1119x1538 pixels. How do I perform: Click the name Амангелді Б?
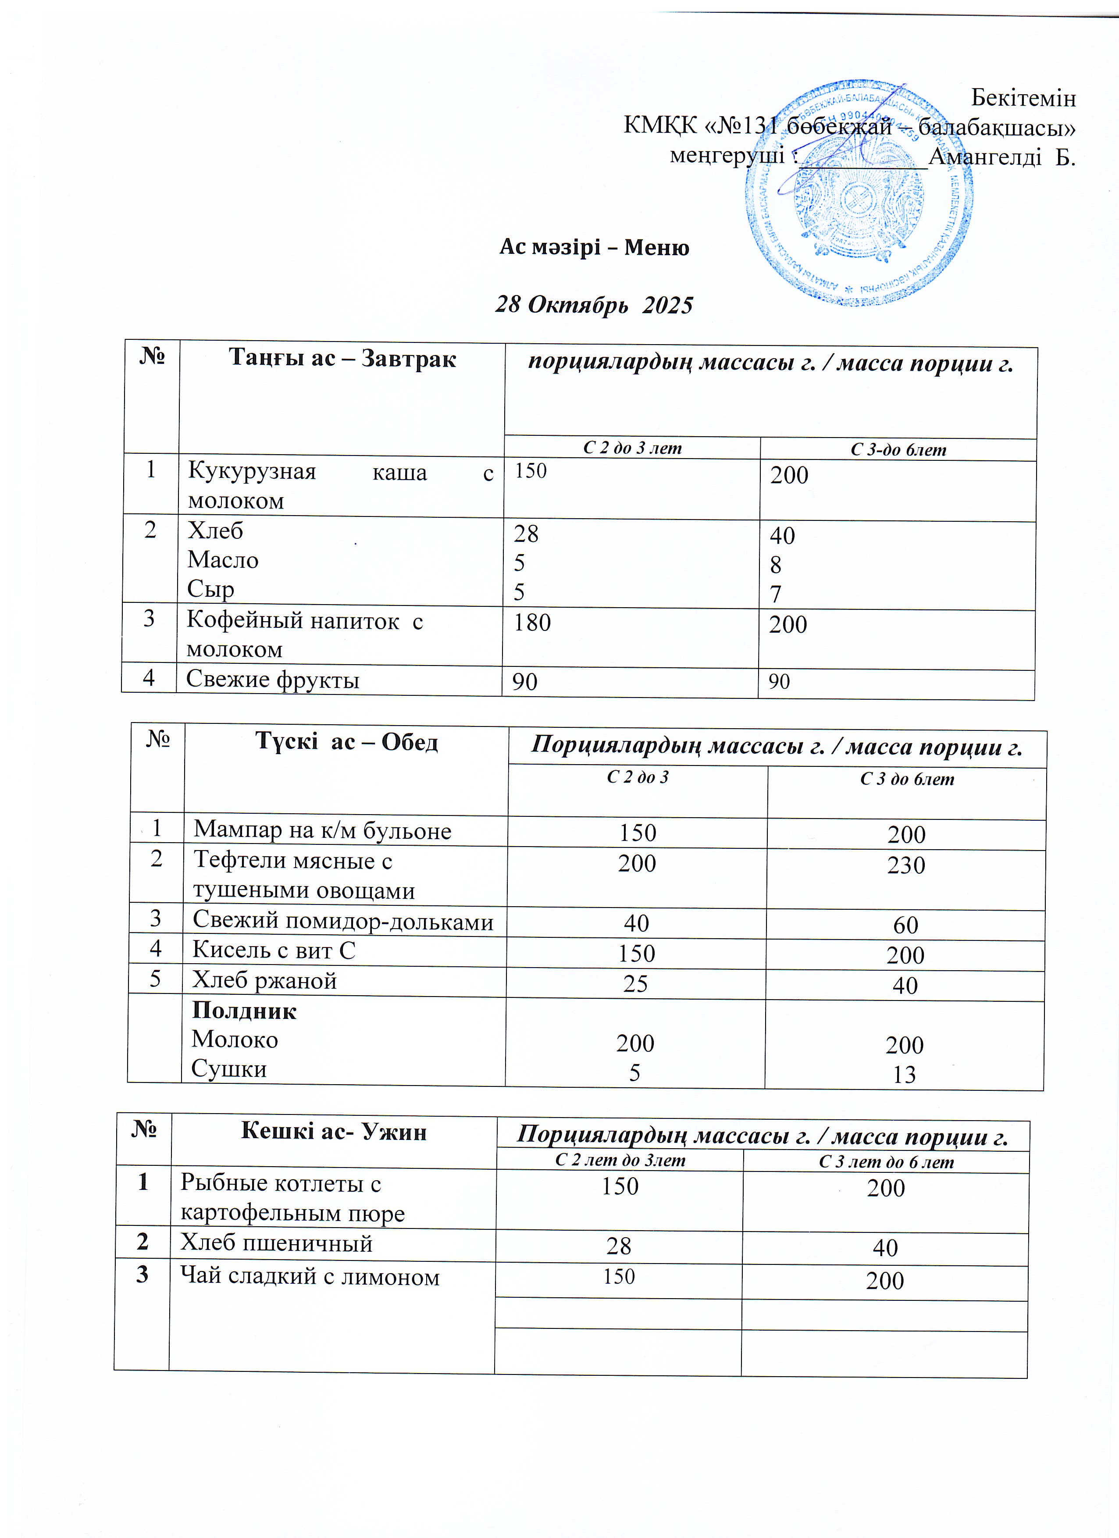point(1001,157)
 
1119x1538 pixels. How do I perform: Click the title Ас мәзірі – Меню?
point(594,247)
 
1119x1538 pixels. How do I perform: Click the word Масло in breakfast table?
point(223,560)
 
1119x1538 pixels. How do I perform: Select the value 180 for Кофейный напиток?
point(532,623)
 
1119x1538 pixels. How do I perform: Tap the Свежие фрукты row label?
point(273,680)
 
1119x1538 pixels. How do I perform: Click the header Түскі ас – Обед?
point(346,742)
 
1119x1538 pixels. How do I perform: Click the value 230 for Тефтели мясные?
point(905,865)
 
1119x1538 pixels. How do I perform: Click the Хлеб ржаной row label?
point(264,981)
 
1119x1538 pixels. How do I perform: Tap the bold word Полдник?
point(244,1011)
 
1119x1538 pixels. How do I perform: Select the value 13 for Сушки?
point(904,1075)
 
